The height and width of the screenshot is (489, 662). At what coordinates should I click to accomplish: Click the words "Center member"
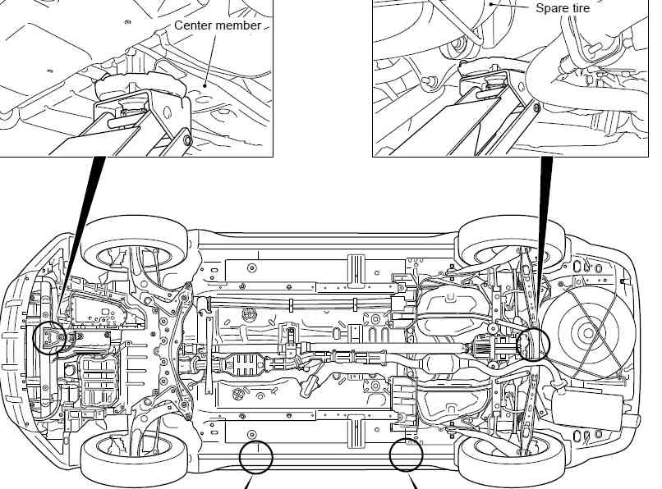(x=218, y=25)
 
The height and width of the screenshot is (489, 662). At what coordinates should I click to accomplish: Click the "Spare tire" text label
(x=563, y=8)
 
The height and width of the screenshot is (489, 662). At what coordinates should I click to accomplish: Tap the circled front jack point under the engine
(x=49, y=336)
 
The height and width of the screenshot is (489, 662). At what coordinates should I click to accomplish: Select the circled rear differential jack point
(x=533, y=343)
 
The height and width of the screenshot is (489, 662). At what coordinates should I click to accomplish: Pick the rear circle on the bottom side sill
(x=407, y=454)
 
